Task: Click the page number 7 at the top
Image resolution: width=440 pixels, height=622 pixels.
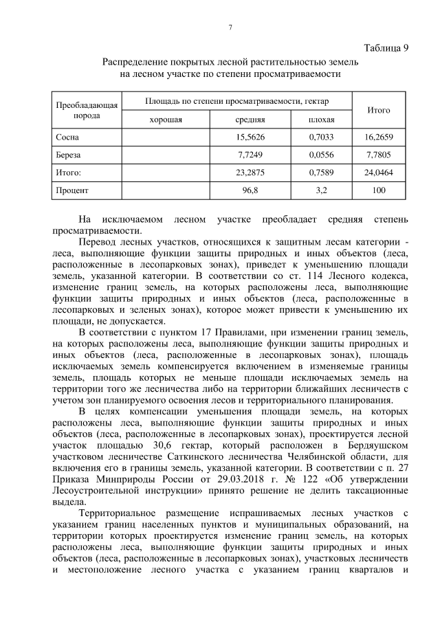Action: click(x=230, y=27)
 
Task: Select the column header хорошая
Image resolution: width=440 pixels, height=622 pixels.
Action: click(x=166, y=119)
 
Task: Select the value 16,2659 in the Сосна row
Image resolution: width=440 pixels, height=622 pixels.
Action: click(x=379, y=137)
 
